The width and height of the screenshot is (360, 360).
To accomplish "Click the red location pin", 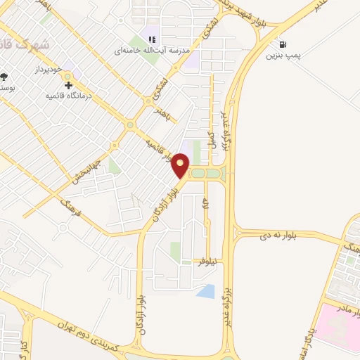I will click(x=181, y=165).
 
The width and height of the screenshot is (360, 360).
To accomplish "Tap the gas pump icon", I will click(x=283, y=44).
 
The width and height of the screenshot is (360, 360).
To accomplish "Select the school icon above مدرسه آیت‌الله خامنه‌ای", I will click(x=151, y=39).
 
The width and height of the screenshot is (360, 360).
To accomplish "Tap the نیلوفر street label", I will click(x=205, y=261).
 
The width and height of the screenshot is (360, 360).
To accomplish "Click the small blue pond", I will click(x=206, y=291).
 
